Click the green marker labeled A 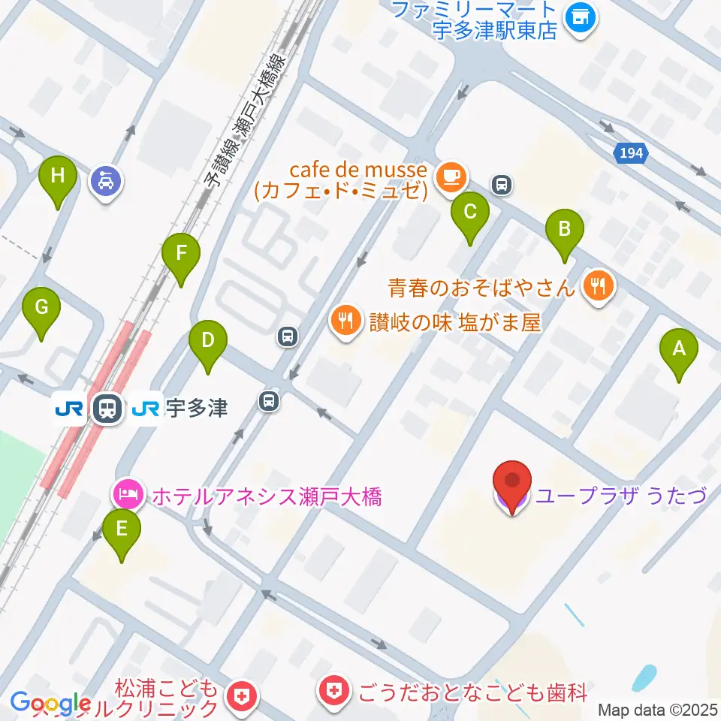(679, 349)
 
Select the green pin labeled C (470, 212)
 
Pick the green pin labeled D (207, 340)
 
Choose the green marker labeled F (181, 254)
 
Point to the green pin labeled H (59, 177)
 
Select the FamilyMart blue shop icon (581, 15)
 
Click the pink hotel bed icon (125, 493)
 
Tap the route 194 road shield (629, 153)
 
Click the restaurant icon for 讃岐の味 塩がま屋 (345, 321)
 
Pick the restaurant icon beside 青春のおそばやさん (599, 285)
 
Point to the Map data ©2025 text (657, 710)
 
